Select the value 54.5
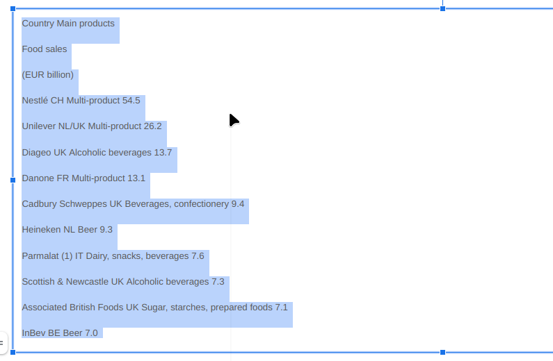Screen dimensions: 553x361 tap(131, 100)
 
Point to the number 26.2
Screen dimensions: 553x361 tap(153, 126)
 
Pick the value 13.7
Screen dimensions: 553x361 tap(163, 152)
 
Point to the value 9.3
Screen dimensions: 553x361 tap(106, 229)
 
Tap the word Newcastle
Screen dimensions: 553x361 tap(87, 281)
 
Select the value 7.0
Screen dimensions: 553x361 tap(91, 333)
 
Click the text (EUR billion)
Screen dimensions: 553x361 tap(47, 74)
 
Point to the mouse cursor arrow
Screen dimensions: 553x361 tap(234, 120)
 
